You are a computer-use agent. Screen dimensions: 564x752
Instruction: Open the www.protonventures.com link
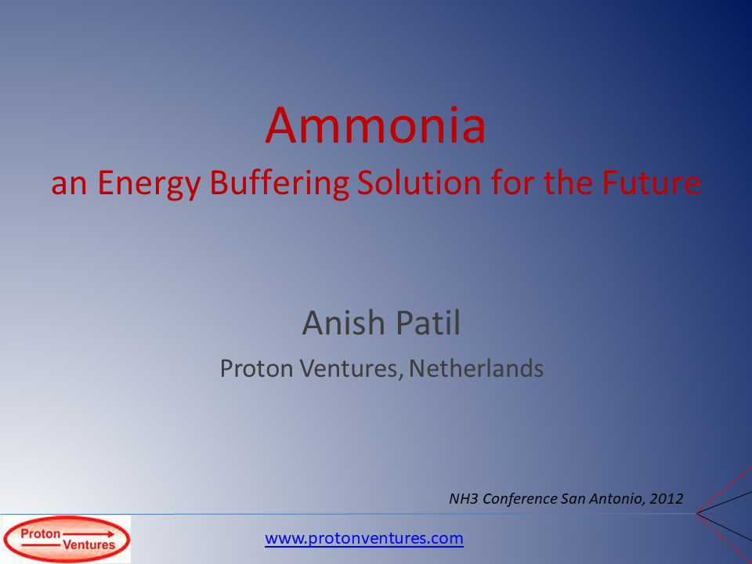click(364, 539)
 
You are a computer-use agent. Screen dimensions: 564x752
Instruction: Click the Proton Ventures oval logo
click(67, 540)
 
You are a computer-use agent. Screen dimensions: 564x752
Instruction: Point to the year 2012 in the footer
click(667, 498)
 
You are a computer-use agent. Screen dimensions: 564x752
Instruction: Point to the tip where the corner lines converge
click(696, 513)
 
